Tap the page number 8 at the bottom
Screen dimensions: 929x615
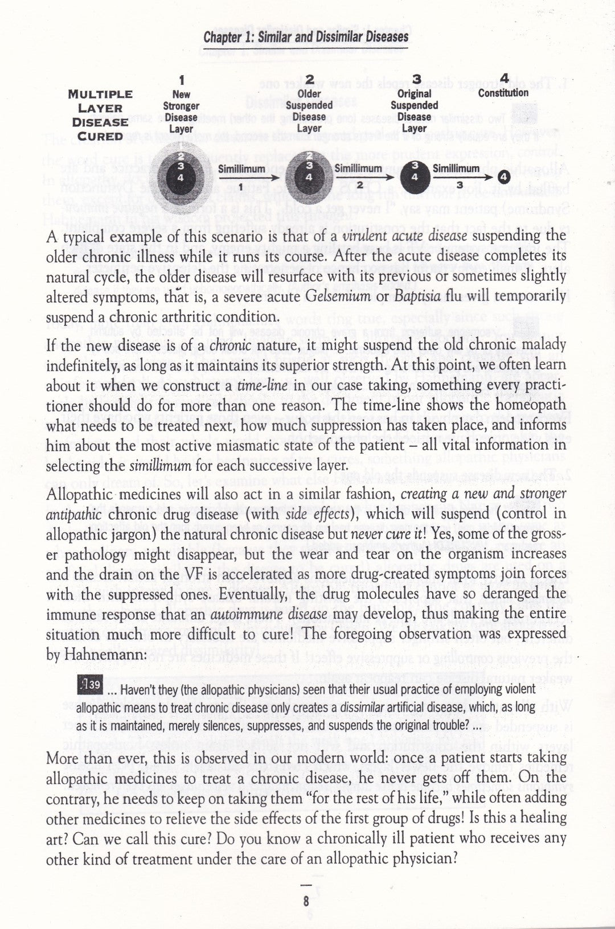pyautogui.click(x=306, y=901)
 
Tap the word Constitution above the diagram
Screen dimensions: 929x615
pyautogui.click(x=503, y=92)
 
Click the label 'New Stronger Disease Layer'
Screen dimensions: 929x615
pyautogui.click(x=181, y=112)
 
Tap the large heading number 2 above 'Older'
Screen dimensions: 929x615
pyautogui.click(x=309, y=79)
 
